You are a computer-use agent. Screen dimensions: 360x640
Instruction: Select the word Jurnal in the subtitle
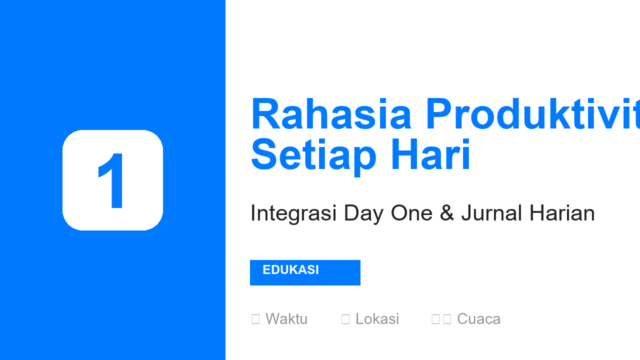coord(491,213)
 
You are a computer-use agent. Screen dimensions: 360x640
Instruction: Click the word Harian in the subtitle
coord(562,213)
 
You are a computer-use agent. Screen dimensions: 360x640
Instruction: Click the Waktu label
coord(286,319)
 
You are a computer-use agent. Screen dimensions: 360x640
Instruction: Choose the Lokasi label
coord(377,319)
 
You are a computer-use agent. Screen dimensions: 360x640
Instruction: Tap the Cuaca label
coord(478,319)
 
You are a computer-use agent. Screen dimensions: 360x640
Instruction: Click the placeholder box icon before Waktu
coord(255,319)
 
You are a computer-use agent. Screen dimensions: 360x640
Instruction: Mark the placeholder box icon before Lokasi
coord(345,319)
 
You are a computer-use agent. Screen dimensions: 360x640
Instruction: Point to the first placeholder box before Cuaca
coord(435,319)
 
